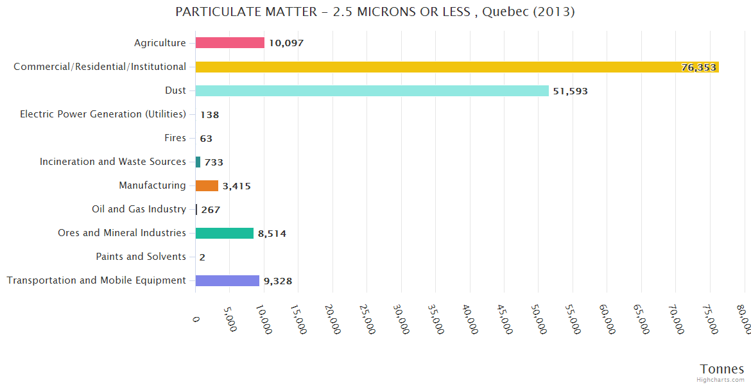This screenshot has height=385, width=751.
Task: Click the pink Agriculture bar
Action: point(230,43)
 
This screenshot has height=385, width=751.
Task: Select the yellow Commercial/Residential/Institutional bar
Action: point(457,67)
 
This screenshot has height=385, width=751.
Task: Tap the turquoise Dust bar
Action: point(372,90)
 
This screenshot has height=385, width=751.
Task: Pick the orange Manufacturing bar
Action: point(207,185)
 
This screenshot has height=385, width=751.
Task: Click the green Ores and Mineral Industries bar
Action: point(225,233)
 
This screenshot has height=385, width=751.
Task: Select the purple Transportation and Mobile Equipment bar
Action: point(227,280)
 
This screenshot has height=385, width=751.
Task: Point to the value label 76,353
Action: point(698,67)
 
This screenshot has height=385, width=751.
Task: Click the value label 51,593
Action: point(570,91)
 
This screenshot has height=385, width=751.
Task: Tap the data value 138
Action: point(210,115)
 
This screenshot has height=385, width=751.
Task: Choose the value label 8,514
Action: point(272,234)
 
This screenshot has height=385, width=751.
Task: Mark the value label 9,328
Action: point(278,281)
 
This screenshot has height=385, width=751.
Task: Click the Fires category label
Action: point(175,138)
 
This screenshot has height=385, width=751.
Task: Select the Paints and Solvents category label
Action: point(141,257)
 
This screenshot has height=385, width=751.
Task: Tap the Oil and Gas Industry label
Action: point(139,209)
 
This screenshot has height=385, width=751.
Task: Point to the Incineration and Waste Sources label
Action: point(113,162)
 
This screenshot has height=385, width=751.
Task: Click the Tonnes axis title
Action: point(721,369)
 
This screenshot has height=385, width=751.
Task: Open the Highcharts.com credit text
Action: point(720,380)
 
